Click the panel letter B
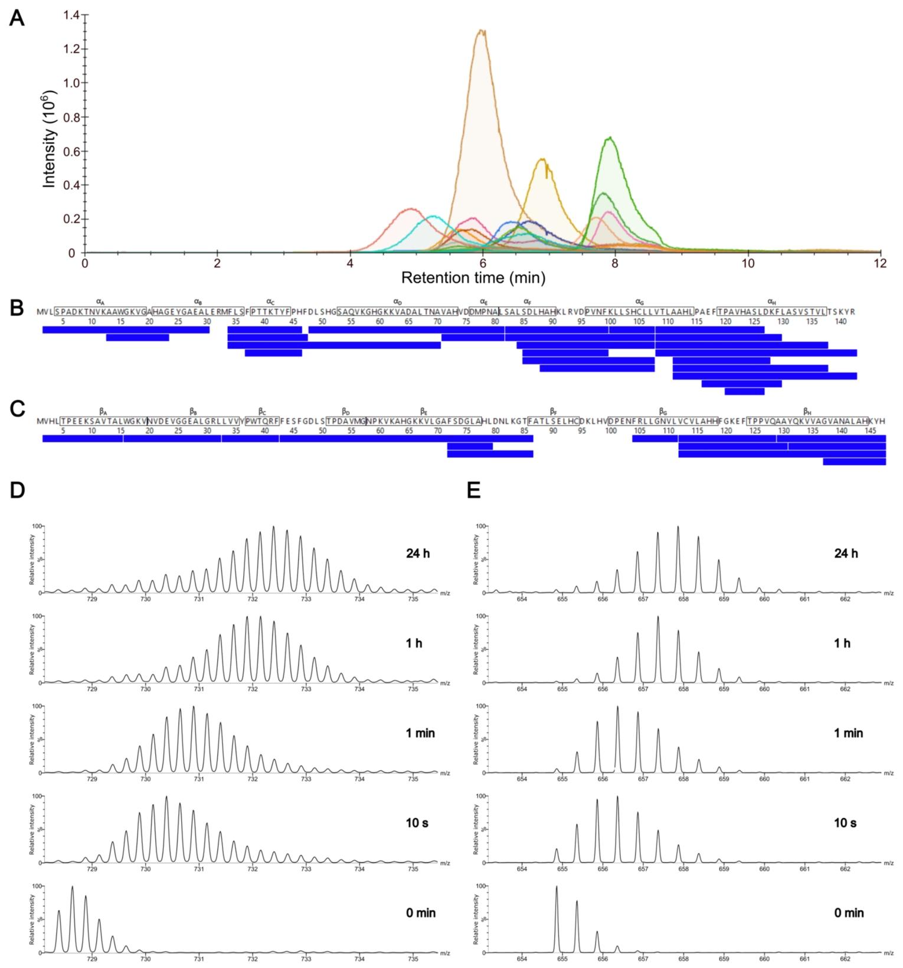[17, 308]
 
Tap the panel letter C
[18, 409]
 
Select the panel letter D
[17, 490]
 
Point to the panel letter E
[474, 490]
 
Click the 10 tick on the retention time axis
[748, 264]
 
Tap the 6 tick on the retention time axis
[483, 264]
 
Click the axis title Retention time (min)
[473, 277]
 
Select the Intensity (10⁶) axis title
[50, 139]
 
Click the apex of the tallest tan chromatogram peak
[482, 30]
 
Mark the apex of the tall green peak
[608, 138]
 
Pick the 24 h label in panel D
[417, 554]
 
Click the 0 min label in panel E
[849, 913]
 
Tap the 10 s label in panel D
[417, 823]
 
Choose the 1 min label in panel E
[848, 733]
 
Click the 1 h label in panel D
[414, 643]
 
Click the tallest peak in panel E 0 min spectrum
[557, 887]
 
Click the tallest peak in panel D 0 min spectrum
[72, 887]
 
